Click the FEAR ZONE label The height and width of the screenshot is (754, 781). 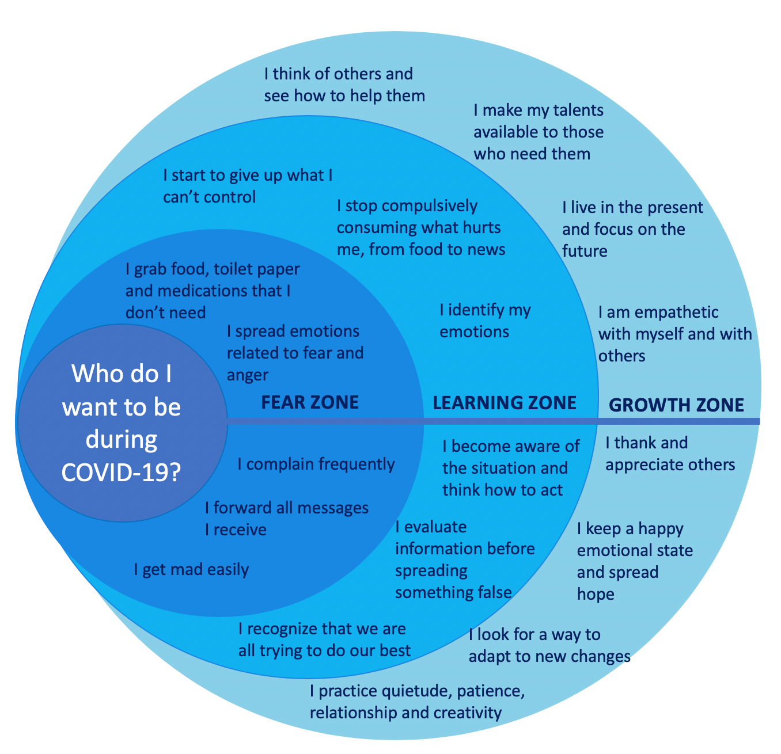click(x=310, y=402)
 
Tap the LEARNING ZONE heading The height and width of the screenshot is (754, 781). click(x=505, y=402)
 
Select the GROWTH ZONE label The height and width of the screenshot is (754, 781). click(x=676, y=405)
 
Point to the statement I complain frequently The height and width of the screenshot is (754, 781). click(x=316, y=464)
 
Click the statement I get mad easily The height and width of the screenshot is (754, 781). click(x=191, y=570)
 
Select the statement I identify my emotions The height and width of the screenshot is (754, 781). click(x=485, y=321)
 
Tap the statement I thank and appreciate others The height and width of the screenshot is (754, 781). click(x=670, y=454)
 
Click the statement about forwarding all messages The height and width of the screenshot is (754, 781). click(x=286, y=518)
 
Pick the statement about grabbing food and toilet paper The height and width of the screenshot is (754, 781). click(x=212, y=290)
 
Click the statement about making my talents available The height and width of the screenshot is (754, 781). click(x=539, y=132)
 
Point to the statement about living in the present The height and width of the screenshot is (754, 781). click(x=632, y=229)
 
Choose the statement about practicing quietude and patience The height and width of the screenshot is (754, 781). click(x=417, y=702)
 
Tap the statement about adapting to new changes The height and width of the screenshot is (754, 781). click(x=549, y=645)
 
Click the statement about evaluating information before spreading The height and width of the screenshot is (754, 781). click(x=465, y=559)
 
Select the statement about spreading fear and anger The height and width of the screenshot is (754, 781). click(x=295, y=353)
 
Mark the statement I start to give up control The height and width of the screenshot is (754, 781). click(x=248, y=186)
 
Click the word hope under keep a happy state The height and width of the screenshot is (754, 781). click(x=596, y=594)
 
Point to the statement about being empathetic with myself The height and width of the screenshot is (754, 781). click(x=674, y=334)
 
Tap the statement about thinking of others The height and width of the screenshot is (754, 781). click(x=344, y=85)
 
